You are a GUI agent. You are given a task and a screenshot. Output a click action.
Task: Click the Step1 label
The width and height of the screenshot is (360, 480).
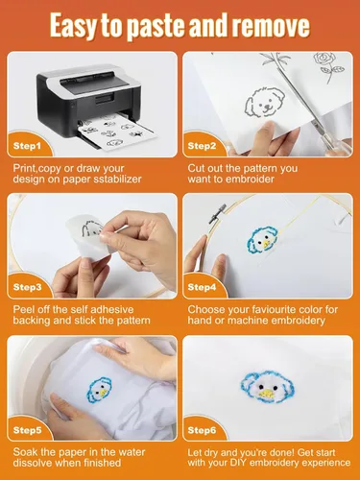(x=27, y=146)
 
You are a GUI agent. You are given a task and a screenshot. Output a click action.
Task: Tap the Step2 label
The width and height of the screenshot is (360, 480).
(x=202, y=146)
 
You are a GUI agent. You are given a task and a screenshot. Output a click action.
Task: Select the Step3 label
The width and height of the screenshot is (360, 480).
(x=28, y=287)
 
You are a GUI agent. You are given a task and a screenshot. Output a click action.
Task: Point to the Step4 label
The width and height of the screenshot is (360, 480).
(x=202, y=287)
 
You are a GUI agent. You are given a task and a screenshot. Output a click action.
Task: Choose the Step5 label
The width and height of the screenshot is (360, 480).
(x=28, y=430)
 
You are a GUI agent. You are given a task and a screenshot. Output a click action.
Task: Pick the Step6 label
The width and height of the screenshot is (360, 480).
(x=202, y=430)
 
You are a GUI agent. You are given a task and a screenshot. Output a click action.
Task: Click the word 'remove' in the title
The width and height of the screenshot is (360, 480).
(x=271, y=26)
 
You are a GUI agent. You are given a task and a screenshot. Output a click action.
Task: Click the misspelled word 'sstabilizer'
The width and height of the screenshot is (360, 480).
(x=117, y=179)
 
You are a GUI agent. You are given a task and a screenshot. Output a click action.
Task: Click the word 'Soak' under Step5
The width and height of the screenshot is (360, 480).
(x=26, y=452)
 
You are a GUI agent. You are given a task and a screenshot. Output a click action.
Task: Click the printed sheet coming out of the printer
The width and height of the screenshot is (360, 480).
(x=118, y=132)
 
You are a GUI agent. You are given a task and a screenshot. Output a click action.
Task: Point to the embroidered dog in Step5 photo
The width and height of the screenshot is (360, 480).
(x=99, y=390)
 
